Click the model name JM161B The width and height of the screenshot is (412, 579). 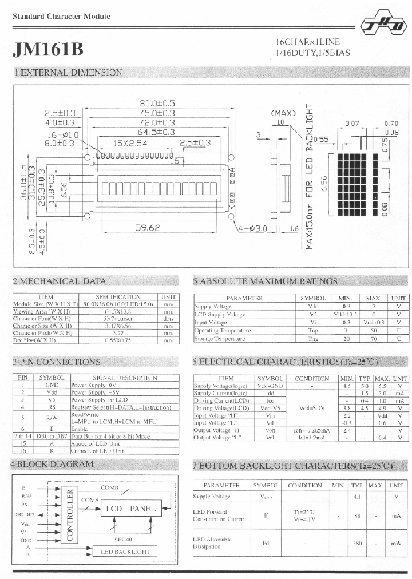[x=47, y=49]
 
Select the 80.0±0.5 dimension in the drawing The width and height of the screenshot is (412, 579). [x=157, y=104]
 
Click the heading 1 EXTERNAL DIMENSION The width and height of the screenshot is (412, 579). [x=68, y=73]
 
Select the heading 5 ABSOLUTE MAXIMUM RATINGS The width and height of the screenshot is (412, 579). [x=265, y=281]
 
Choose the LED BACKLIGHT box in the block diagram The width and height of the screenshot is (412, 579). [x=125, y=552]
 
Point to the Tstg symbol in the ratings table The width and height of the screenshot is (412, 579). [x=313, y=339]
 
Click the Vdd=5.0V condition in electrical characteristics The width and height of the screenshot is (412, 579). [x=312, y=409]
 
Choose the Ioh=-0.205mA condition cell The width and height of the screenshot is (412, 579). [x=312, y=430]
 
